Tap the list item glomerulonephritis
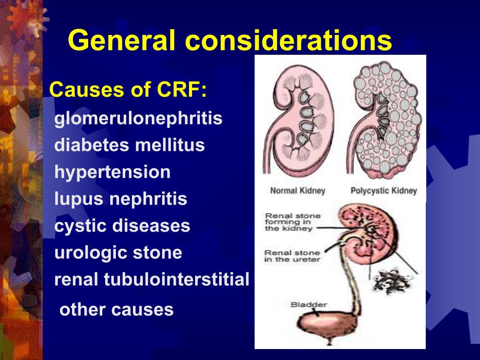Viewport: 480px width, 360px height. pos(138,118)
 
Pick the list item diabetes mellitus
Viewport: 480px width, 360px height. pos(129,145)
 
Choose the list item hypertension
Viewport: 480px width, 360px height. pos(112,172)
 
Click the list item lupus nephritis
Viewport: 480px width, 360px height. pos(121,199)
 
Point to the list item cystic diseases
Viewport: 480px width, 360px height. pos(122,226)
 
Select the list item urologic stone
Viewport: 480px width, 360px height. pos(118,253)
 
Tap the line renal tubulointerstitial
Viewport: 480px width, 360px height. pos(152,280)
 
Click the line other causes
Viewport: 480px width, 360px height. pos(116,309)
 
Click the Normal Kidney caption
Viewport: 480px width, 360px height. pos(297,191)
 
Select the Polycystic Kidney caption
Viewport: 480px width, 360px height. pos(383,191)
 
